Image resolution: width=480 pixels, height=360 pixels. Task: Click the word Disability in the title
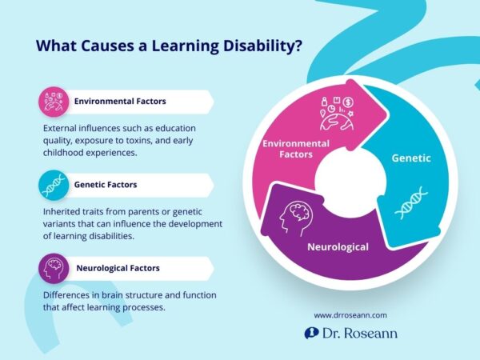point(259,46)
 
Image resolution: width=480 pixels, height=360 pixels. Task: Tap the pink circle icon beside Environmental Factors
point(53,102)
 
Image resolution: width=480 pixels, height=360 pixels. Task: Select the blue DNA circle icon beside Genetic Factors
point(53,185)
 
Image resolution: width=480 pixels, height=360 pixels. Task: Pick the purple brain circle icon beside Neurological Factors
point(53,268)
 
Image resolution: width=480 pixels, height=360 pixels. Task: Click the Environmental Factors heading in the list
point(121,102)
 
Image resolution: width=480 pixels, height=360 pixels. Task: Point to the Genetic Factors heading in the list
point(106,185)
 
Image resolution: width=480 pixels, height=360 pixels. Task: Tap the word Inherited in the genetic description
point(62,211)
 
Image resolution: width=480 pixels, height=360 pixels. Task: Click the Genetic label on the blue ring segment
point(411,158)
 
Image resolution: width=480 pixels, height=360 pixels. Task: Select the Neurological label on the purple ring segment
point(338,247)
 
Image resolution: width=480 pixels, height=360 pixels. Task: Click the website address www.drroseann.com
point(350,314)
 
